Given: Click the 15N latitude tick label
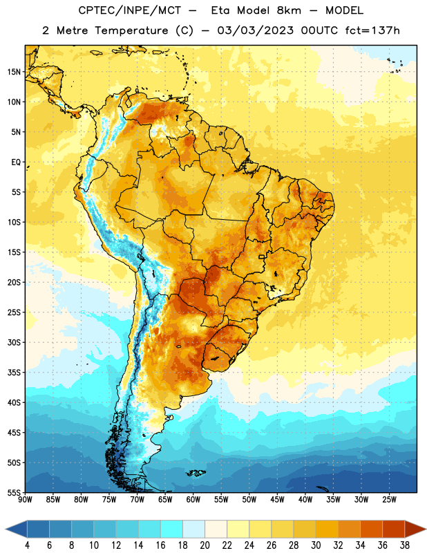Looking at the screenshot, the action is (x=14, y=72).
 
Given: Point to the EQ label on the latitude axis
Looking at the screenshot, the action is (x=16, y=162).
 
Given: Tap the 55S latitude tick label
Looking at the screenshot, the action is (x=14, y=492).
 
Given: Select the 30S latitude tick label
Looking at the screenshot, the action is (x=14, y=342).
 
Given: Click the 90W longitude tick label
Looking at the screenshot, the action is (x=25, y=500).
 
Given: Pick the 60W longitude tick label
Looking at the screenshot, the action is (x=193, y=500).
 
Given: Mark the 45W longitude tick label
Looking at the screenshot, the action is (x=277, y=500).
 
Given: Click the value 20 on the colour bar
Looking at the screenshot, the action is (x=205, y=545).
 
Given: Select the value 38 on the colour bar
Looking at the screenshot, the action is (x=405, y=545).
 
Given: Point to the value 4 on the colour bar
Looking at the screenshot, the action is (x=27, y=545).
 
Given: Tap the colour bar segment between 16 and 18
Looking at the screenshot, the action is (x=172, y=529).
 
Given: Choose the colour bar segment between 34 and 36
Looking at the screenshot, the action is (x=372, y=529).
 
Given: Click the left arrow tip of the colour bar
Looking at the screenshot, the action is (x=6, y=529).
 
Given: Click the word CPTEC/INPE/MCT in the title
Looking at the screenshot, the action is (x=130, y=10).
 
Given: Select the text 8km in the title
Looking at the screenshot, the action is (x=289, y=10).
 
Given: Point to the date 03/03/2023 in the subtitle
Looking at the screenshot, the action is (x=255, y=30).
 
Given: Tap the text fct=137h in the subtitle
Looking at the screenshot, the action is (x=372, y=30).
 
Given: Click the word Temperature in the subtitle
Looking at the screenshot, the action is (x=131, y=30).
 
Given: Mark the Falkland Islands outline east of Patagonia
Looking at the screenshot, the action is (x=196, y=473).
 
